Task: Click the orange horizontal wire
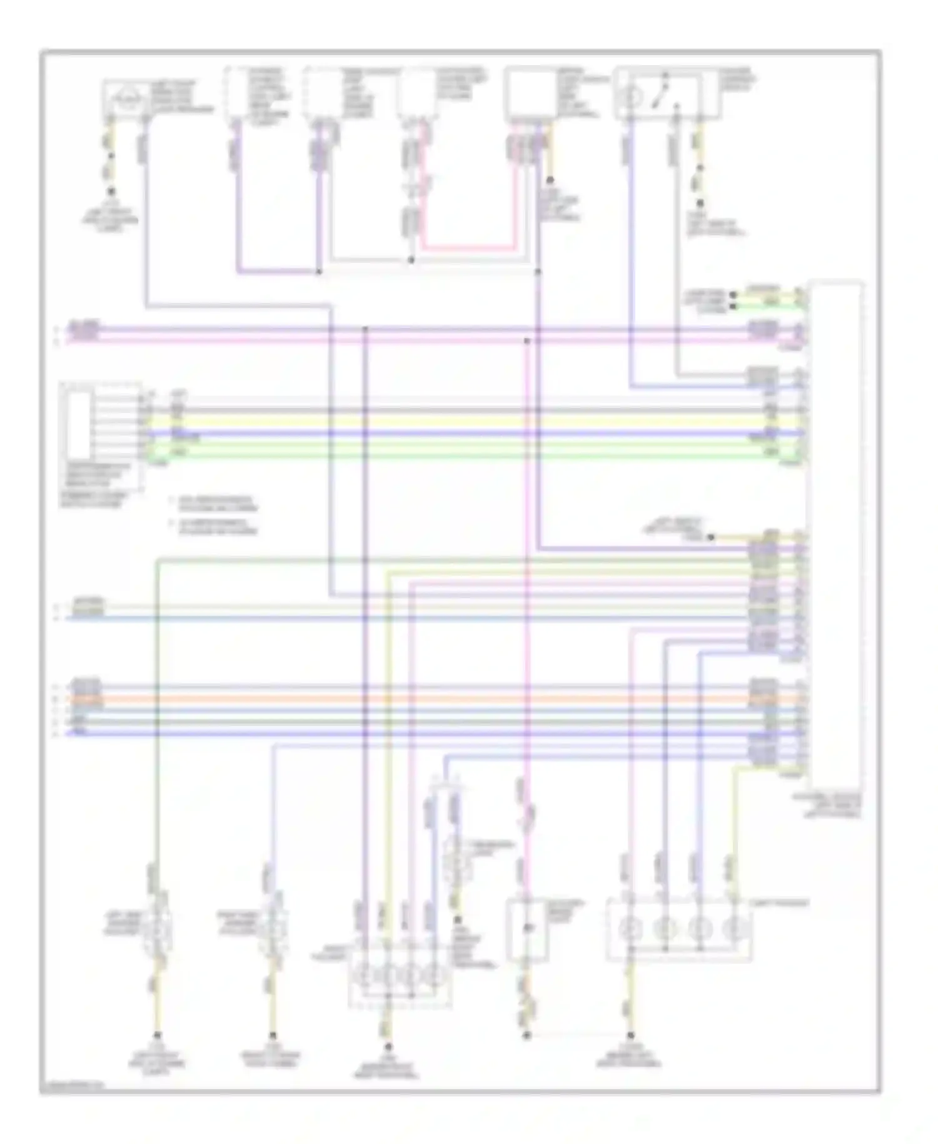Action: click(438, 698)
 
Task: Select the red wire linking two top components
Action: click(469, 248)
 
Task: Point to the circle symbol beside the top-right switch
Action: click(632, 98)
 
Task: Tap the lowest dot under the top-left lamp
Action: click(111, 191)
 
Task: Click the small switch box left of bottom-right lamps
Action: click(527, 929)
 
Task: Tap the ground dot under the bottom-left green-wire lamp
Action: click(157, 1035)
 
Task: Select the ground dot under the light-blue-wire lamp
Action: click(272, 1035)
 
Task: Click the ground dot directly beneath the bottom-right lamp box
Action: click(630, 1035)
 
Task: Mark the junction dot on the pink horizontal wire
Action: click(527, 341)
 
